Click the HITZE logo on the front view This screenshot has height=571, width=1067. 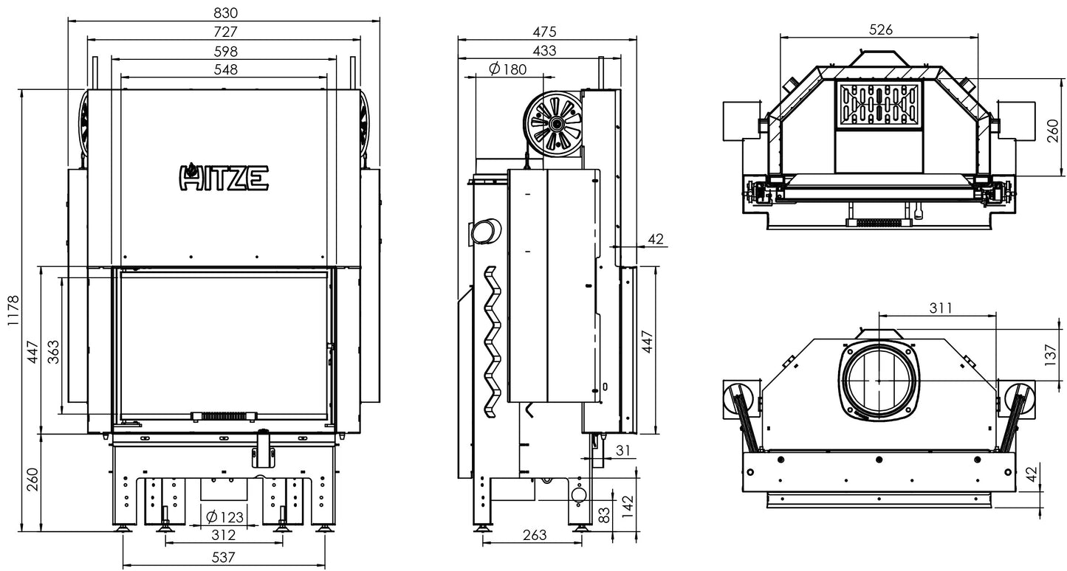point(224,177)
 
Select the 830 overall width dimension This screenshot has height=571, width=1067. point(224,13)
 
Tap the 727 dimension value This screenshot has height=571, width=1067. point(224,32)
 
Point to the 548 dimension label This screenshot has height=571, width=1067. point(224,69)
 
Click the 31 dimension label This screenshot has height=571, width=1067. point(625,450)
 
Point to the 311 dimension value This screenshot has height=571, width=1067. point(940,308)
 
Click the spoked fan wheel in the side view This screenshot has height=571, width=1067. point(554,123)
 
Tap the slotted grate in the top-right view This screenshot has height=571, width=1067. point(879,104)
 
